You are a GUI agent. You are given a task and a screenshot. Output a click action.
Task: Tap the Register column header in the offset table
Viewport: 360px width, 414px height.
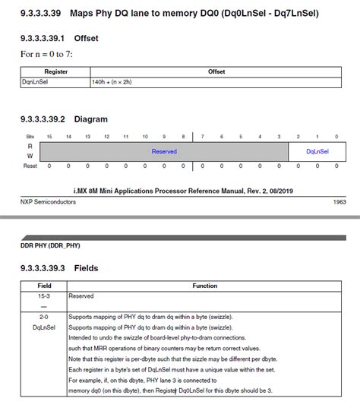click(56, 71)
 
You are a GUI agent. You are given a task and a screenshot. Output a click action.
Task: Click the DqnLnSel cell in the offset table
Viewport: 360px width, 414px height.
click(34, 81)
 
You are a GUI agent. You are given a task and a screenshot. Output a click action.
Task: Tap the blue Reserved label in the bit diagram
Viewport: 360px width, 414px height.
click(164, 151)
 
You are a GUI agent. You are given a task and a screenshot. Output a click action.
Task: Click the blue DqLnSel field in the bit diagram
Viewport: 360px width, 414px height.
click(317, 151)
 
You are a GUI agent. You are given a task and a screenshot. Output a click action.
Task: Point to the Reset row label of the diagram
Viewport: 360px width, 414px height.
click(30, 166)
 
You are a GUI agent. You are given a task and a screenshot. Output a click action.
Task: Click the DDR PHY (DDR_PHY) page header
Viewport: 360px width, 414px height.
click(50, 246)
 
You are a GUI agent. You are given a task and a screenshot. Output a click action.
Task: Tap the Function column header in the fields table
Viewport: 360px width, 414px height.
click(205, 286)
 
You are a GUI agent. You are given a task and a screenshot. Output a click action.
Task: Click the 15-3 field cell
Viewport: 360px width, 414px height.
click(43, 295)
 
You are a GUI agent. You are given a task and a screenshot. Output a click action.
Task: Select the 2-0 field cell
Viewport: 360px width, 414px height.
click(43, 316)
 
